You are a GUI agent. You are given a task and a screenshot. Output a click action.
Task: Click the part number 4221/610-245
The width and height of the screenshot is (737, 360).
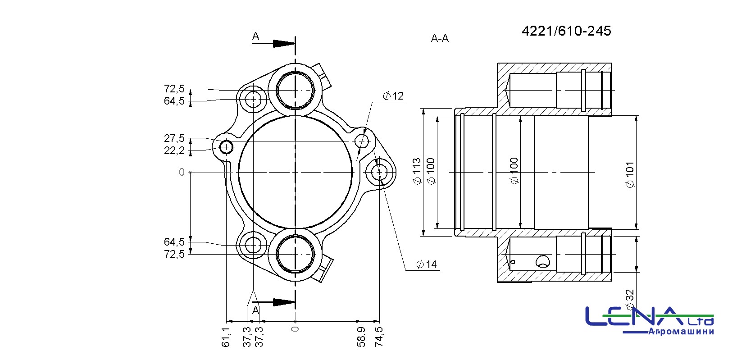pos(566,31)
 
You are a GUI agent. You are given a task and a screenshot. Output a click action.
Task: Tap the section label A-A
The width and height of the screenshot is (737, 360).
pos(440,38)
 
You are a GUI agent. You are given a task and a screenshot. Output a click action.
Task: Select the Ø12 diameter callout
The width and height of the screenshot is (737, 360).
pos(393,96)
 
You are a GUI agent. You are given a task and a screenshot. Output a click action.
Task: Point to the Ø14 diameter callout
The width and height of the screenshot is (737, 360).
pos(426,264)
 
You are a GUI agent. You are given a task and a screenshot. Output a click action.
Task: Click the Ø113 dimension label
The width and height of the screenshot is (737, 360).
pos(417,171)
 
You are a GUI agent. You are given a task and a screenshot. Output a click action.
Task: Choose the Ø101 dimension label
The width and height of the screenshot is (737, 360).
pos(630,174)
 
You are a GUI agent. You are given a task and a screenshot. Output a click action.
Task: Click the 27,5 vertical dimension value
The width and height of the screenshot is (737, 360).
pos(174,138)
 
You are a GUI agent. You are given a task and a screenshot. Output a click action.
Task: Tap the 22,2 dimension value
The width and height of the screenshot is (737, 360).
pos(174,150)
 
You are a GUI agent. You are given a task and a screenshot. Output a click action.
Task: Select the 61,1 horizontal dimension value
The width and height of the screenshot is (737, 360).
pos(226,337)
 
